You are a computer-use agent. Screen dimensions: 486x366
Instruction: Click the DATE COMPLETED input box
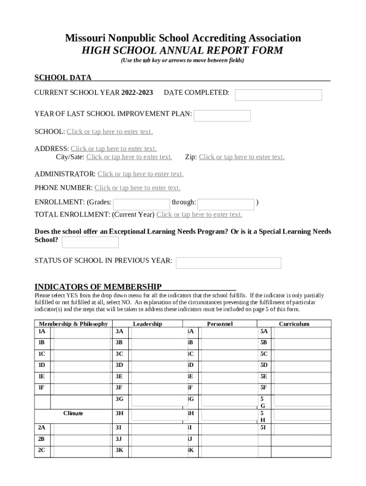coord(278,95)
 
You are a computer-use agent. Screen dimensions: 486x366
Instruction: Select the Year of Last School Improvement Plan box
coord(222,116)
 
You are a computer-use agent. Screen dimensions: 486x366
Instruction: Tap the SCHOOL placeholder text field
coord(110,131)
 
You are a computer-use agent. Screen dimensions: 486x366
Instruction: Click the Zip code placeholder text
coord(241,157)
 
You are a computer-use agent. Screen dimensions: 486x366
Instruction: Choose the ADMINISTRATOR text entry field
coord(140,174)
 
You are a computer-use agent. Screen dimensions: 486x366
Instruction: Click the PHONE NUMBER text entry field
coord(137,188)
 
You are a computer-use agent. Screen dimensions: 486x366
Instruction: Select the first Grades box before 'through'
coord(141,204)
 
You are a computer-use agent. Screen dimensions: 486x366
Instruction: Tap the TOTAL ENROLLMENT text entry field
coord(199,215)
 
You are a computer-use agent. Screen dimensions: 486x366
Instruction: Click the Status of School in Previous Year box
coord(228,263)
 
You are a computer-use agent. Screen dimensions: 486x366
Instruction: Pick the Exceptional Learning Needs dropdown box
coord(90,243)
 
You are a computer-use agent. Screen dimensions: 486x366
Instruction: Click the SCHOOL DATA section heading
coord(63,78)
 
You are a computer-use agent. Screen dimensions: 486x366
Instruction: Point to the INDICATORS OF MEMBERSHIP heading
coord(98,287)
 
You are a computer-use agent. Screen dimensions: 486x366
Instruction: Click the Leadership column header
coord(147,324)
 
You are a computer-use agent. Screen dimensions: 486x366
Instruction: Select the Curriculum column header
coord(294,324)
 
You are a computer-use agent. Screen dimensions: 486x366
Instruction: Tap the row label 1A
coord(42,331)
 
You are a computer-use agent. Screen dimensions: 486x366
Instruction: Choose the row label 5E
coord(264,376)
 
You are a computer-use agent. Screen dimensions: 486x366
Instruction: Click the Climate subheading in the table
coord(73,413)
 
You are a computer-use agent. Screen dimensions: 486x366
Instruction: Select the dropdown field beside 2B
coord(81,439)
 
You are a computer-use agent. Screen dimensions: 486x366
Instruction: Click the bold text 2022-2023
coord(137,93)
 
